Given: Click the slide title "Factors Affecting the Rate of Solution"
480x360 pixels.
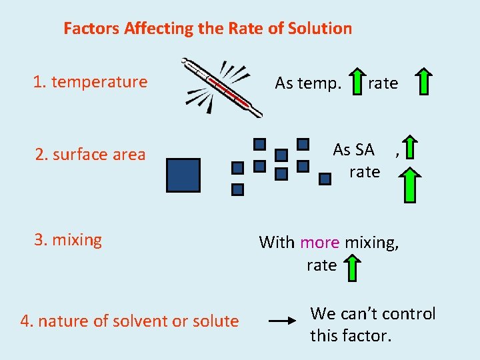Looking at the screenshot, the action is click(207, 29).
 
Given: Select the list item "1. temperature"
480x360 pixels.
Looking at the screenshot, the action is click(90, 82).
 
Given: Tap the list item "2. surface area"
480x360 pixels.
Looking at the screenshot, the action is click(90, 155).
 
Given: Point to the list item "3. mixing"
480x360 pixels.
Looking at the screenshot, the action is click(68, 240).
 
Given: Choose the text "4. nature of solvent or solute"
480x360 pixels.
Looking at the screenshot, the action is click(129, 321).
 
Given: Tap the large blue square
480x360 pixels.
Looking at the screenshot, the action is click(183, 175).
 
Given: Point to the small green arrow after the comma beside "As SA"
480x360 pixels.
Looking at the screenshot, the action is click(411, 148).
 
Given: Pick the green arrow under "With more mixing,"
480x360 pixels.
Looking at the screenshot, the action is click(351, 269).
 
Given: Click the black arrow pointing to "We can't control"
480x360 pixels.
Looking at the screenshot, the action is click(281, 321).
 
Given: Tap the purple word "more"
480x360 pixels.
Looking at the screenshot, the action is click(320, 242).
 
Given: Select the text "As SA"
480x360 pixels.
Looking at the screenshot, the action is click(353, 150).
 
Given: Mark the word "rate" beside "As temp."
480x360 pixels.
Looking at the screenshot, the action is click(383, 83).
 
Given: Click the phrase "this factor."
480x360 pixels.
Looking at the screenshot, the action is click(351, 335).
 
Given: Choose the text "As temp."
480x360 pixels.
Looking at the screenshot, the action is click(308, 83).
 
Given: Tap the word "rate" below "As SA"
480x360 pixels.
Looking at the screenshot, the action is click(364, 172).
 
